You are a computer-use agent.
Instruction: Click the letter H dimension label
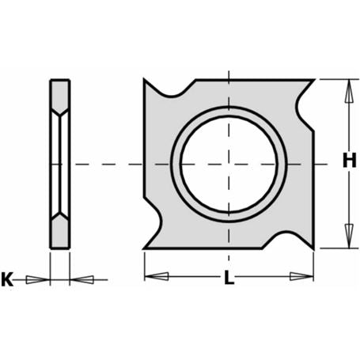pos(349,161)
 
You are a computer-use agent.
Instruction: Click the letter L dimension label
pos(229,278)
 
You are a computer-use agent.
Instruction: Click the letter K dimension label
pos(7,279)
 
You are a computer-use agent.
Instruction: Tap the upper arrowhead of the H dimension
pos(349,91)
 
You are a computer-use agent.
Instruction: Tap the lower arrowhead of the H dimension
pos(349,236)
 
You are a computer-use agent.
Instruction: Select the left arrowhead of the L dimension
pos(157,276)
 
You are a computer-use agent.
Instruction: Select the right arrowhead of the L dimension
pos(301,276)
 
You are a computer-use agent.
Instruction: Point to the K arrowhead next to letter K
pos(38,280)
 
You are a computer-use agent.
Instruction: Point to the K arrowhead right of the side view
pos(81,280)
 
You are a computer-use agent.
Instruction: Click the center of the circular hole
pos(229,164)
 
